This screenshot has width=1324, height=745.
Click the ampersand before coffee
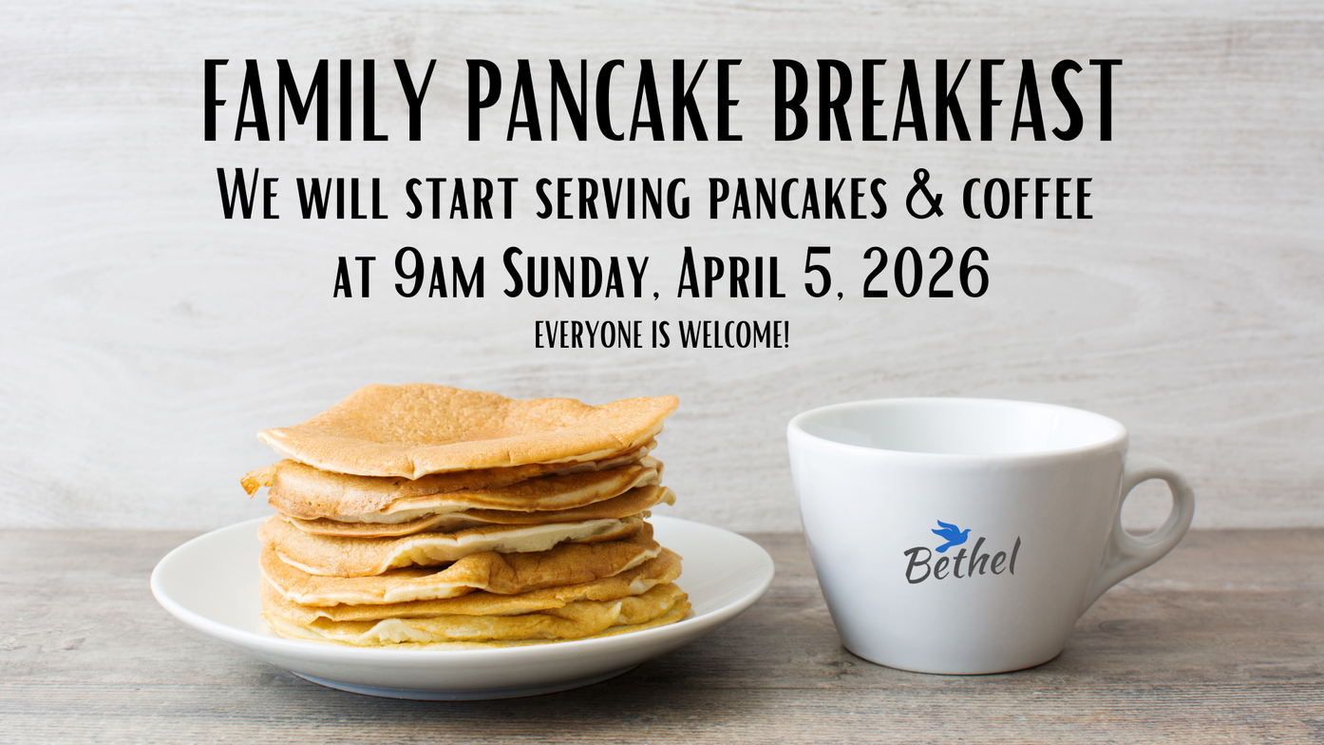pyautogui.click(x=927, y=194)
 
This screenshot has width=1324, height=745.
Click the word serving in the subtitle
pyautogui.click(x=613, y=197)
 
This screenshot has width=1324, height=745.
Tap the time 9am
pyautogui.click(x=439, y=274)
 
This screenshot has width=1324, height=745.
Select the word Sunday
pyautogui.click(x=572, y=276)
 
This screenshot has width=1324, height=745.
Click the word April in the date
pyautogui.click(x=731, y=274)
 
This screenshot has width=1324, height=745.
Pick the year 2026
pyautogui.click(x=925, y=274)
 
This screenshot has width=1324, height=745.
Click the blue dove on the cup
pyautogui.click(x=950, y=536)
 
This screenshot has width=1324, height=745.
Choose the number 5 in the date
pyautogui.click(x=819, y=274)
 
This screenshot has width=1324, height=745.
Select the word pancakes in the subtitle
pyautogui.click(x=798, y=197)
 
